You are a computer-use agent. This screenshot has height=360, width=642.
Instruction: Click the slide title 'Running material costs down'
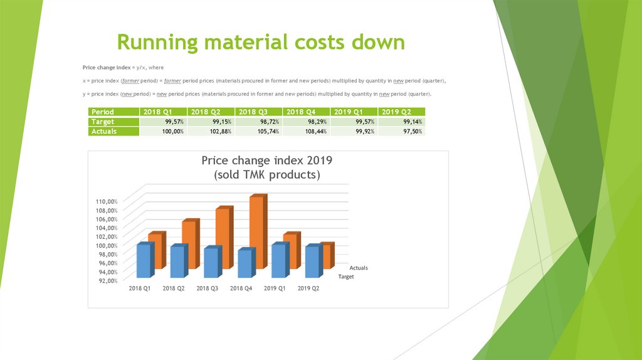point(260,43)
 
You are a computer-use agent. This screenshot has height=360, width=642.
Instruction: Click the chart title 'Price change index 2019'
point(266,160)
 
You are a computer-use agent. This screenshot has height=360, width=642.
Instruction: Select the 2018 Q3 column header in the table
point(258,112)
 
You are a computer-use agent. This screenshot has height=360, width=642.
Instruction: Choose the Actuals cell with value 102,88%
point(211,131)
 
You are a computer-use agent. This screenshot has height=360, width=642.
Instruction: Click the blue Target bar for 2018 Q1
point(144,261)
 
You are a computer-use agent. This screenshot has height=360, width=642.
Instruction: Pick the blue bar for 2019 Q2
point(312,262)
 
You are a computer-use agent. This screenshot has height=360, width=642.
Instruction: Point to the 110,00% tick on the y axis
point(107,201)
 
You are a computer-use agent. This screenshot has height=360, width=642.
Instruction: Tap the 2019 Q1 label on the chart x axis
point(275,289)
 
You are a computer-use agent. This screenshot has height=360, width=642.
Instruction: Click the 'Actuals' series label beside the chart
point(359,268)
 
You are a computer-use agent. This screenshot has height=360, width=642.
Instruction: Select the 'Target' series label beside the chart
point(346,277)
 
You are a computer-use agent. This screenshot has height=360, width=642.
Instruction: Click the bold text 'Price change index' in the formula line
point(107,67)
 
